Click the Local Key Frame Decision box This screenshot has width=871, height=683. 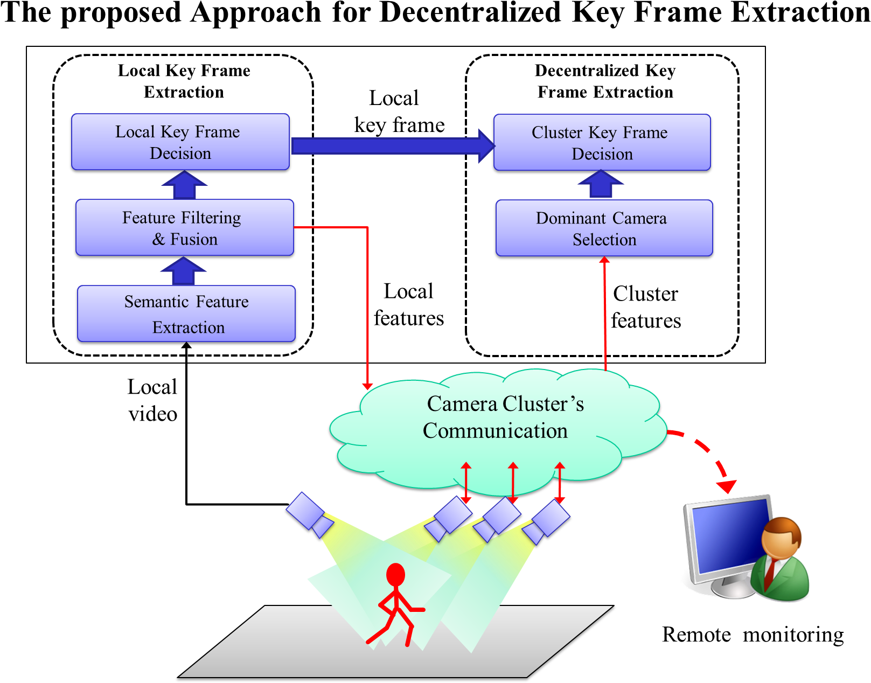coord(180,142)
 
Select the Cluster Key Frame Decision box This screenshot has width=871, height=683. coord(602,142)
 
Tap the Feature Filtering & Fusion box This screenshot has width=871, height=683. coord(184,227)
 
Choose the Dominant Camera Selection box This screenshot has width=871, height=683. coord(604,228)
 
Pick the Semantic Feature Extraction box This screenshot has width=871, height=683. coord(186,313)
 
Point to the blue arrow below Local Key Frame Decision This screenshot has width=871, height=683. coord(184,185)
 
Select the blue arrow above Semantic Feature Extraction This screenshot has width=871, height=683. coord(184,271)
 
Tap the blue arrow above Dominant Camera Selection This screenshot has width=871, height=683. coord(601,185)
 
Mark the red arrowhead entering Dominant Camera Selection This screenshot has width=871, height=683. coord(604,261)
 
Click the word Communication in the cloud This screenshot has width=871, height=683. coord(495,431)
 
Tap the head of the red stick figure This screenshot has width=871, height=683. coord(395,575)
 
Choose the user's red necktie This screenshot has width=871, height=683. coord(770,574)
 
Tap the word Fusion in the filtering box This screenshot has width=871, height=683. coord(194,239)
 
